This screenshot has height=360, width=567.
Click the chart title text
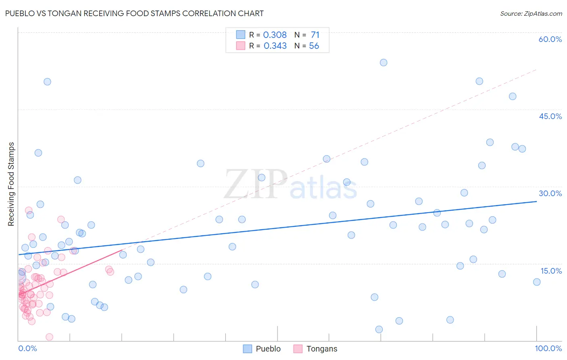pos(134,13)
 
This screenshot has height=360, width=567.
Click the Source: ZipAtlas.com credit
pos(531,13)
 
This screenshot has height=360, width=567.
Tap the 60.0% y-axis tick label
pos(550,39)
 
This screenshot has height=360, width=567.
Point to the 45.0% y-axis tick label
pos(550,116)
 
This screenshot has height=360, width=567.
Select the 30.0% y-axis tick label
pos(550,193)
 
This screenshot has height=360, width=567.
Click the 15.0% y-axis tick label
pos(551,271)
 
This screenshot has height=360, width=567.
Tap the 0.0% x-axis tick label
pos(27,348)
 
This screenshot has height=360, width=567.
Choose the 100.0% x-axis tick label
pos(548,348)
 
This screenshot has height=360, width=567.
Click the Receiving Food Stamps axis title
pos(11,184)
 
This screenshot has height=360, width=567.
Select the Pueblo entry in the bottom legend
pos(268,349)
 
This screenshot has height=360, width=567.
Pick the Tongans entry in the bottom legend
pos(321,349)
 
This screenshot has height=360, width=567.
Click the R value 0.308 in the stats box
pos(275,35)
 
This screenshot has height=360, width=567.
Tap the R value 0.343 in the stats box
pos(275,46)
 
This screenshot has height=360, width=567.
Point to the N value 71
pos(315,35)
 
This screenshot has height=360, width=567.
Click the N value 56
pos(314,46)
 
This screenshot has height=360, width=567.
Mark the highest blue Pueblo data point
pos(384,63)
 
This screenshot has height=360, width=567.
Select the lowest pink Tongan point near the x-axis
pos(50,337)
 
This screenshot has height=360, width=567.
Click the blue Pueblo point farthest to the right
pos(537,282)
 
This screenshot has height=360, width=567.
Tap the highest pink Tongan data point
pos(29,210)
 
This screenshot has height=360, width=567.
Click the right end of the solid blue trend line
pos(537,201)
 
